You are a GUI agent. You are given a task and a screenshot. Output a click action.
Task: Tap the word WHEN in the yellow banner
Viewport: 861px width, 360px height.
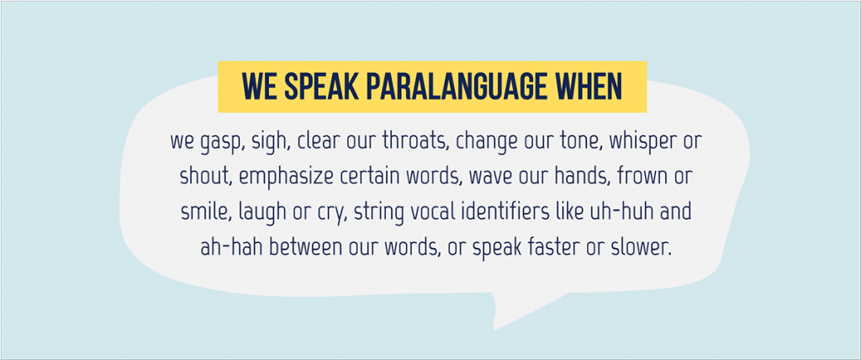[x=584, y=88]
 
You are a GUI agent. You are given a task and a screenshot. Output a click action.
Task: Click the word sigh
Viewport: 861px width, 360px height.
[x=267, y=141]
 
